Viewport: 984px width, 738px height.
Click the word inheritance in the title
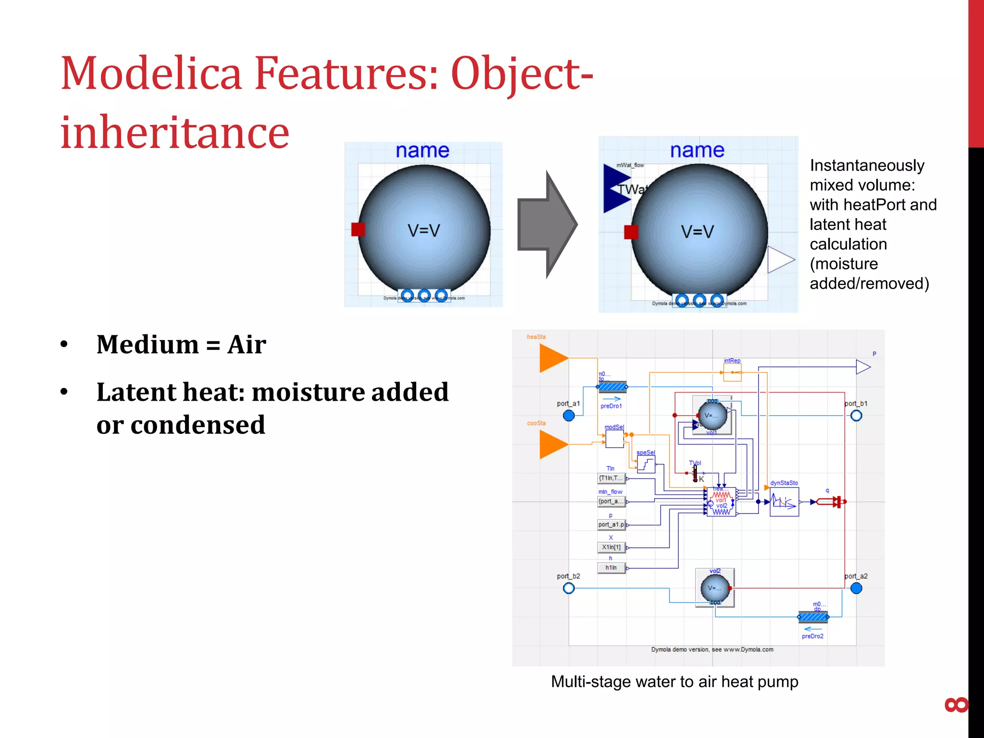(x=174, y=132)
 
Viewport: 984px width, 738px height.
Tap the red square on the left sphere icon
(x=358, y=229)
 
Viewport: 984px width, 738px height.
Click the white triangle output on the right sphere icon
(x=779, y=260)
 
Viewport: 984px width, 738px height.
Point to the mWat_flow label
(x=630, y=165)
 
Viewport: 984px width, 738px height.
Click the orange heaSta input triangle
(x=553, y=358)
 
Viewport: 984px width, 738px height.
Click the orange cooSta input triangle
(x=553, y=444)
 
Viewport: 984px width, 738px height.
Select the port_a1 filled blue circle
(x=569, y=416)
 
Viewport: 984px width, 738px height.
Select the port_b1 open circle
(x=856, y=416)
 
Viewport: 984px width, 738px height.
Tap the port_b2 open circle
(x=569, y=588)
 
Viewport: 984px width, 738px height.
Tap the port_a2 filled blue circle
(x=856, y=588)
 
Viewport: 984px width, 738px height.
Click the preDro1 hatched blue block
(x=612, y=387)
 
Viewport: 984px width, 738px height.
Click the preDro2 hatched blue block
(x=813, y=616)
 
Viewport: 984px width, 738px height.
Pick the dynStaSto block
(x=784, y=502)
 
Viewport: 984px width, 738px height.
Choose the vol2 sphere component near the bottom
(x=715, y=588)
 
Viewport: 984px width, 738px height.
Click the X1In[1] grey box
(x=611, y=547)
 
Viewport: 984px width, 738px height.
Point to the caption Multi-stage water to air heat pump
(x=674, y=682)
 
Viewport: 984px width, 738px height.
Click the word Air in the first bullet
(x=246, y=344)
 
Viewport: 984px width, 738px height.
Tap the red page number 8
(x=956, y=705)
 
